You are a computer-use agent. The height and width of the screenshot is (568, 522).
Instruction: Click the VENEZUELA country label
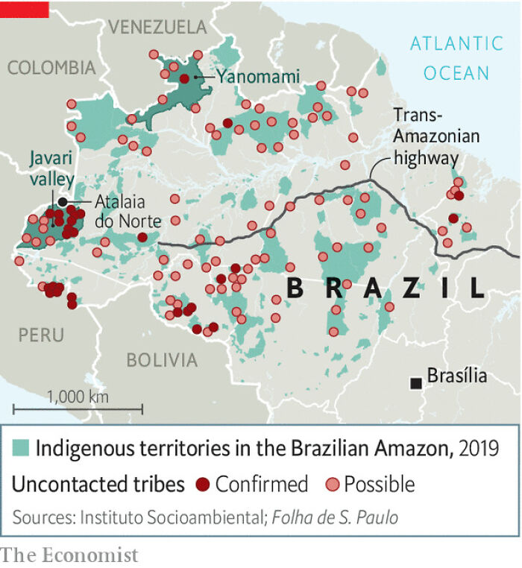coord(157,28)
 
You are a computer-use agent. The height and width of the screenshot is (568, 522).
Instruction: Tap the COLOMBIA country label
coord(51,68)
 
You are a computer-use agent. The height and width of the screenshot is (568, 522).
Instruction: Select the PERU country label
coord(41,335)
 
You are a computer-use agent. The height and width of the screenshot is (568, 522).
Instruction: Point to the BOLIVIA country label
coord(162,360)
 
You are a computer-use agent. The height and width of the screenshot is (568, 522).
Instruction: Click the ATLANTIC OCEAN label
coord(456,58)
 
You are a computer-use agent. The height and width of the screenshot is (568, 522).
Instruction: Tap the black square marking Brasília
coord(416,382)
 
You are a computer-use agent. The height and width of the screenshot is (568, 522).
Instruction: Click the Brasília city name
coord(457,376)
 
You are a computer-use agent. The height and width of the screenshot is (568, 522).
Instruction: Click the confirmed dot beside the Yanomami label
coord(184,78)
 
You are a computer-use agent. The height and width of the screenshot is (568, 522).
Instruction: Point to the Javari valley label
coord(51,169)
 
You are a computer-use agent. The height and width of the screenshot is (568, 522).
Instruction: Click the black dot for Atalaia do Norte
coord(63,202)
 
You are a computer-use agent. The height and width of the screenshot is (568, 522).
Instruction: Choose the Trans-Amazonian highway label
coord(436,136)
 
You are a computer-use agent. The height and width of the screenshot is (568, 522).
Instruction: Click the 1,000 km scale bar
coord(78,408)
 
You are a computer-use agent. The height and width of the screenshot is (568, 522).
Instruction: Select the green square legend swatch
coord(21,447)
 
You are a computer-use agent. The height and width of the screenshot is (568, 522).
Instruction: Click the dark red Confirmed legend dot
coord(202,485)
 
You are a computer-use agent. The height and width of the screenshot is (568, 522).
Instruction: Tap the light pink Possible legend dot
coord(332,485)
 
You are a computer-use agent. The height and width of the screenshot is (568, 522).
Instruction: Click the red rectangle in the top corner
coord(25,9)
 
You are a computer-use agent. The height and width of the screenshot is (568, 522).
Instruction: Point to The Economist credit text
coord(69,555)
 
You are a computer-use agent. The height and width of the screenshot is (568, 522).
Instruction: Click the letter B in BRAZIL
coord(295,288)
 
